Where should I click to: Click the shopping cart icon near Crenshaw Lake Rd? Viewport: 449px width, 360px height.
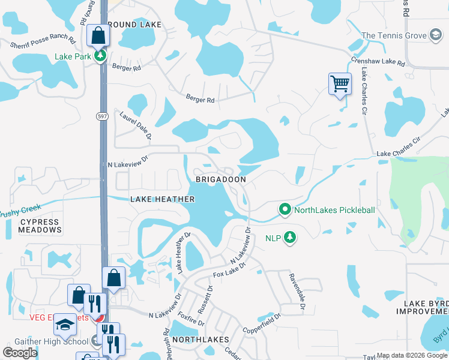(339, 83)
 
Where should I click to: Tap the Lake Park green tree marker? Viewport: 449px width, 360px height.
(100, 57)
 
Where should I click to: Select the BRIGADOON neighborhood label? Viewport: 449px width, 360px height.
(220, 179)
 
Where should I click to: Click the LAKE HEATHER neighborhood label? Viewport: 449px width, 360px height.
(163, 199)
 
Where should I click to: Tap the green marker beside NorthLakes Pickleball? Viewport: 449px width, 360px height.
(285, 210)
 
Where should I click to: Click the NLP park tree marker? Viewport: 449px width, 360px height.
(291, 238)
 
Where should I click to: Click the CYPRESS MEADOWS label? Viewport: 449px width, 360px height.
(41, 226)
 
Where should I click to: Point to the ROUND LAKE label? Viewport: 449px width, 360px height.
(134, 25)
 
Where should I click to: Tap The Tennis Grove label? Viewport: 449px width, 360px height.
(393, 35)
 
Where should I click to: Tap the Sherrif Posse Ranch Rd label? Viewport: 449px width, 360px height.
(42, 43)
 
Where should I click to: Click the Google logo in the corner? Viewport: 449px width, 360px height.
(20, 353)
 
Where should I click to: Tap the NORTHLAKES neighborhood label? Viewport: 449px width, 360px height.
(200, 340)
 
